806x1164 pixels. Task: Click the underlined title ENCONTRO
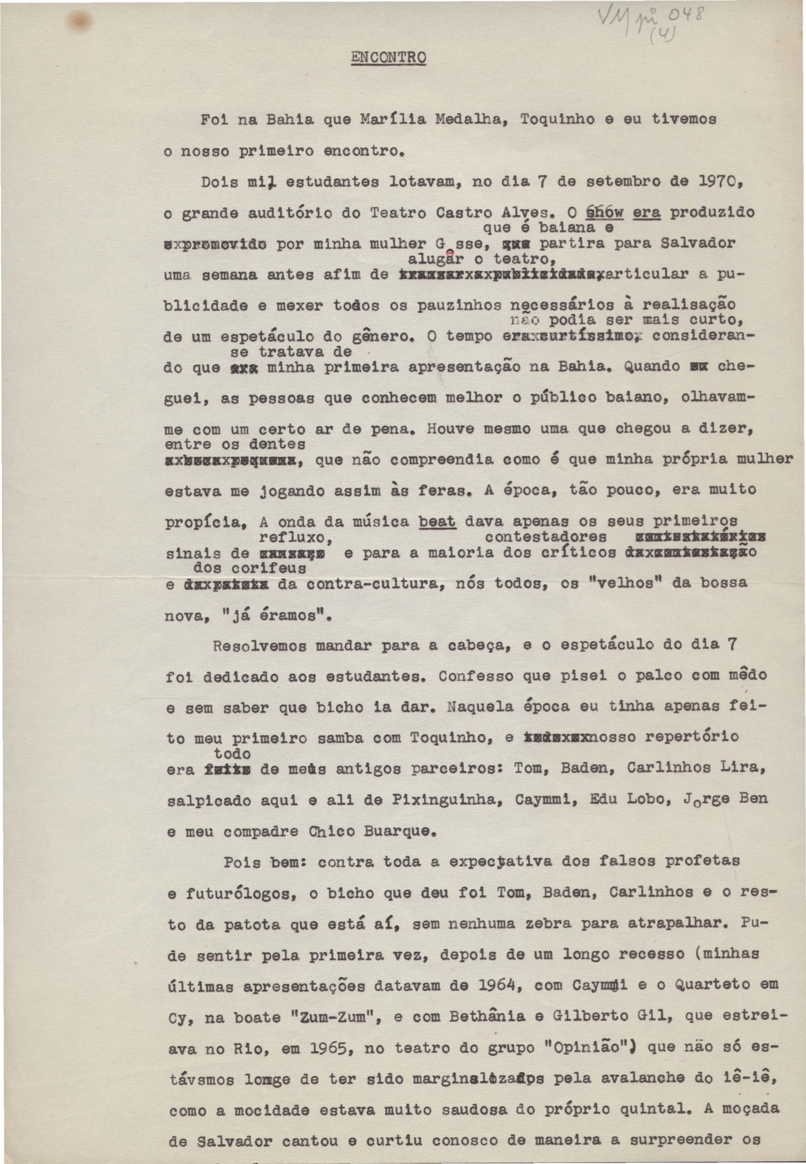388,58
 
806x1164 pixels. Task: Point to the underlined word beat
438,521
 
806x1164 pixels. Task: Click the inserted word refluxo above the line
295,537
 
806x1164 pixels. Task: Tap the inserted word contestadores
546,537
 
